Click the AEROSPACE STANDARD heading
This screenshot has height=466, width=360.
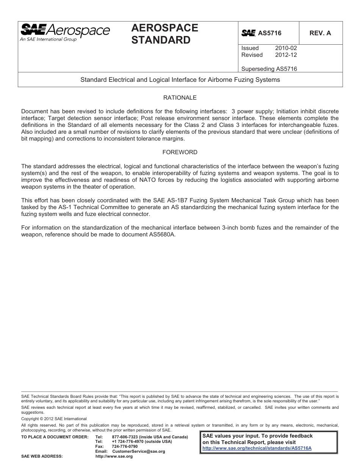[x=164, y=34]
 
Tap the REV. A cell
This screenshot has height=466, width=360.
[x=320, y=33]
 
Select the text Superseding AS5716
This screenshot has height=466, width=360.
[x=269, y=69]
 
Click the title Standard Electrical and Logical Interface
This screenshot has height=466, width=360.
[x=180, y=80]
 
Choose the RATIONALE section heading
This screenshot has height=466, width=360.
[x=180, y=98]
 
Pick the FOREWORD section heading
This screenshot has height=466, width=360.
[x=180, y=152]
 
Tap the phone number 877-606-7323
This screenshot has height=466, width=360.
[x=125, y=437]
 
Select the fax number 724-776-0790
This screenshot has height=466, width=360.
[x=125, y=446]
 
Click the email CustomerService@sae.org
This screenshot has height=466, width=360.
[x=139, y=451]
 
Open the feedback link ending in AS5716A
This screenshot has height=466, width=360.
[x=257, y=448]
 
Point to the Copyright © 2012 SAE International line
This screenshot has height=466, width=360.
[x=54, y=419]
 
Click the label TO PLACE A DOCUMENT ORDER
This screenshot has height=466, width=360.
[x=55, y=437]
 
